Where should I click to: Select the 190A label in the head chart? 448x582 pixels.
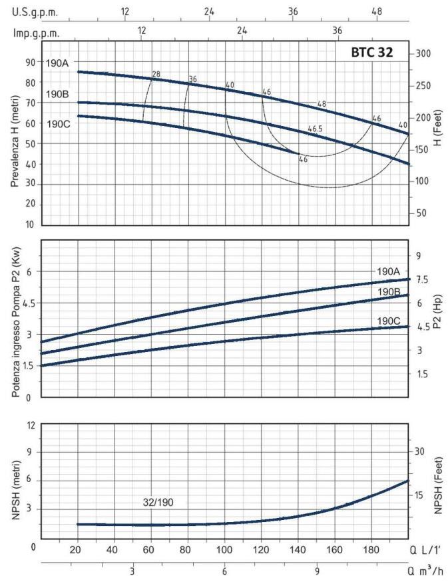(x=57, y=63)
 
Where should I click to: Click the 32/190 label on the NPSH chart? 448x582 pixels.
(x=158, y=502)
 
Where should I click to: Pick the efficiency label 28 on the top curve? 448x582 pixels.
(x=156, y=74)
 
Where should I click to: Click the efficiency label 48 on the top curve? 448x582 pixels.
(x=322, y=103)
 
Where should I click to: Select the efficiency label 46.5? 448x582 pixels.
(x=316, y=128)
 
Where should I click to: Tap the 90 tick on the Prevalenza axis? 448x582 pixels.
(x=30, y=62)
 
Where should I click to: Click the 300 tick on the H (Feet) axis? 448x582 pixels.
(x=424, y=53)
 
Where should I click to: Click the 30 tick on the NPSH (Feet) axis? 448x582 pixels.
(x=419, y=451)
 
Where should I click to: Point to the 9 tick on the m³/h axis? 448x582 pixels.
(x=318, y=572)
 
